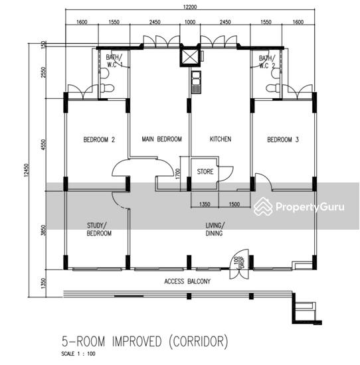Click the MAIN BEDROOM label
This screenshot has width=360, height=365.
[x=161, y=139]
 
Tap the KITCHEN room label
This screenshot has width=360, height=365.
[x=221, y=139]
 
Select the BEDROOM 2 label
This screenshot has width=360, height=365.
[x=99, y=139]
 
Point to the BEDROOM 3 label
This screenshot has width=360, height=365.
[x=283, y=139]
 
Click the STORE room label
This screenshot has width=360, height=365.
[x=205, y=172]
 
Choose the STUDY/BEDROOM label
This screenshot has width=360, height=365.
[x=99, y=230]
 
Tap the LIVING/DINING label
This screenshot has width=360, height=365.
[x=215, y=230]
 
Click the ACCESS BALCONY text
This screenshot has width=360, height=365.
[x=187, y=281]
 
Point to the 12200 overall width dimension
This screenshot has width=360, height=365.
[x=190, y=7]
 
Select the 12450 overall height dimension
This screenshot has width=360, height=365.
[x=26, y=170]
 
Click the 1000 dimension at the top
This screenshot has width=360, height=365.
[x=190, y=22]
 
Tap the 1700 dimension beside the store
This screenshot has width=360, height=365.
[x=177, y=173]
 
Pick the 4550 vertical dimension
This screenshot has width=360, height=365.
[x=44, y=145]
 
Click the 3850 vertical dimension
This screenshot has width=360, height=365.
[x=44, y=230]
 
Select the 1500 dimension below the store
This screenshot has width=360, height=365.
[x=234, y=204]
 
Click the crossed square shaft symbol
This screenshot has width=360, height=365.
[x=190, y=56]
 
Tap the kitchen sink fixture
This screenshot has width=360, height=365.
[x=196, y=82]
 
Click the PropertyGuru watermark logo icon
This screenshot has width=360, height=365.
[x=263, y=206]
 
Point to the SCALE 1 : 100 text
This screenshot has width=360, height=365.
[x=78, y=354]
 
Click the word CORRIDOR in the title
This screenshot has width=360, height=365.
[x=198, y=342]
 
